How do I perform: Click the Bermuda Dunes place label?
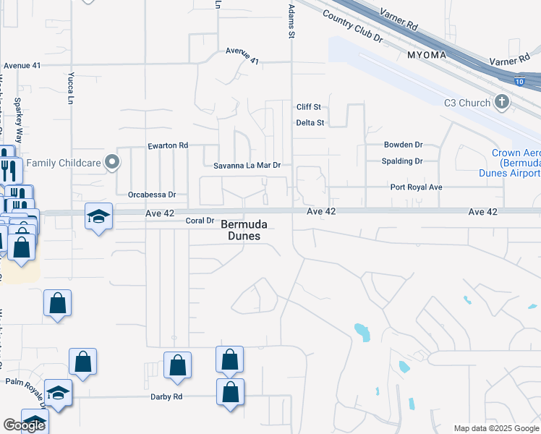point(239,230)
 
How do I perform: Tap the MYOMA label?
point(427,54)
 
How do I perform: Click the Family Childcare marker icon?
point(111,163)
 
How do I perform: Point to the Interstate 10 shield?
point(520,81)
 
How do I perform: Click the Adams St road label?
point(291,22)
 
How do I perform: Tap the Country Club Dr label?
point(352,26)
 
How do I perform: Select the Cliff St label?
point(308,107)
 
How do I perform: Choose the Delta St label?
point(310,123)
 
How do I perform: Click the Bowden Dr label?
point(403,145)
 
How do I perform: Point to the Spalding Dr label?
point(402,161)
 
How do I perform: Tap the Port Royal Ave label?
point(416,187)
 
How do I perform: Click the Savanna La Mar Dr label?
point(247,166)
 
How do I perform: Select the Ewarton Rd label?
point(168,145)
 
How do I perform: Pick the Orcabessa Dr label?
point(152,195)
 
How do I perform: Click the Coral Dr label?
point(200,221)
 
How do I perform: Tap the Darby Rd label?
point(166,396)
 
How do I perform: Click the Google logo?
point(24,425)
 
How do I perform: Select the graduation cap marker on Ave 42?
point(98,216)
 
